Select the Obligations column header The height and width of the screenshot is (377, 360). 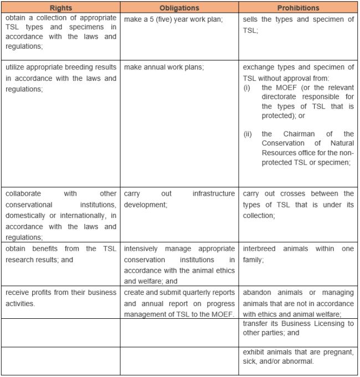179,8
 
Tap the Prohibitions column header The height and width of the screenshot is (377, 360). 299,8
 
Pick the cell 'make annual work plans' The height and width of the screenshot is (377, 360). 164,67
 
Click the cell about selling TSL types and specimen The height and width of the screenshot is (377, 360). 299,25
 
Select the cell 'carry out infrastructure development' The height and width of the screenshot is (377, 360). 179,199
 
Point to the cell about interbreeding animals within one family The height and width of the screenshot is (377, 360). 299,249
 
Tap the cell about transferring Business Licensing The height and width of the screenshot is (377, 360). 299,329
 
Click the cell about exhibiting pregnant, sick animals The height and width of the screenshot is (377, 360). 299,356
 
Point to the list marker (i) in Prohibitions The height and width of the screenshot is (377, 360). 248,88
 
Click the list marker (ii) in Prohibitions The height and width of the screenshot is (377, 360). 249,134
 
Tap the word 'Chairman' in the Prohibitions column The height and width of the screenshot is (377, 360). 310,134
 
